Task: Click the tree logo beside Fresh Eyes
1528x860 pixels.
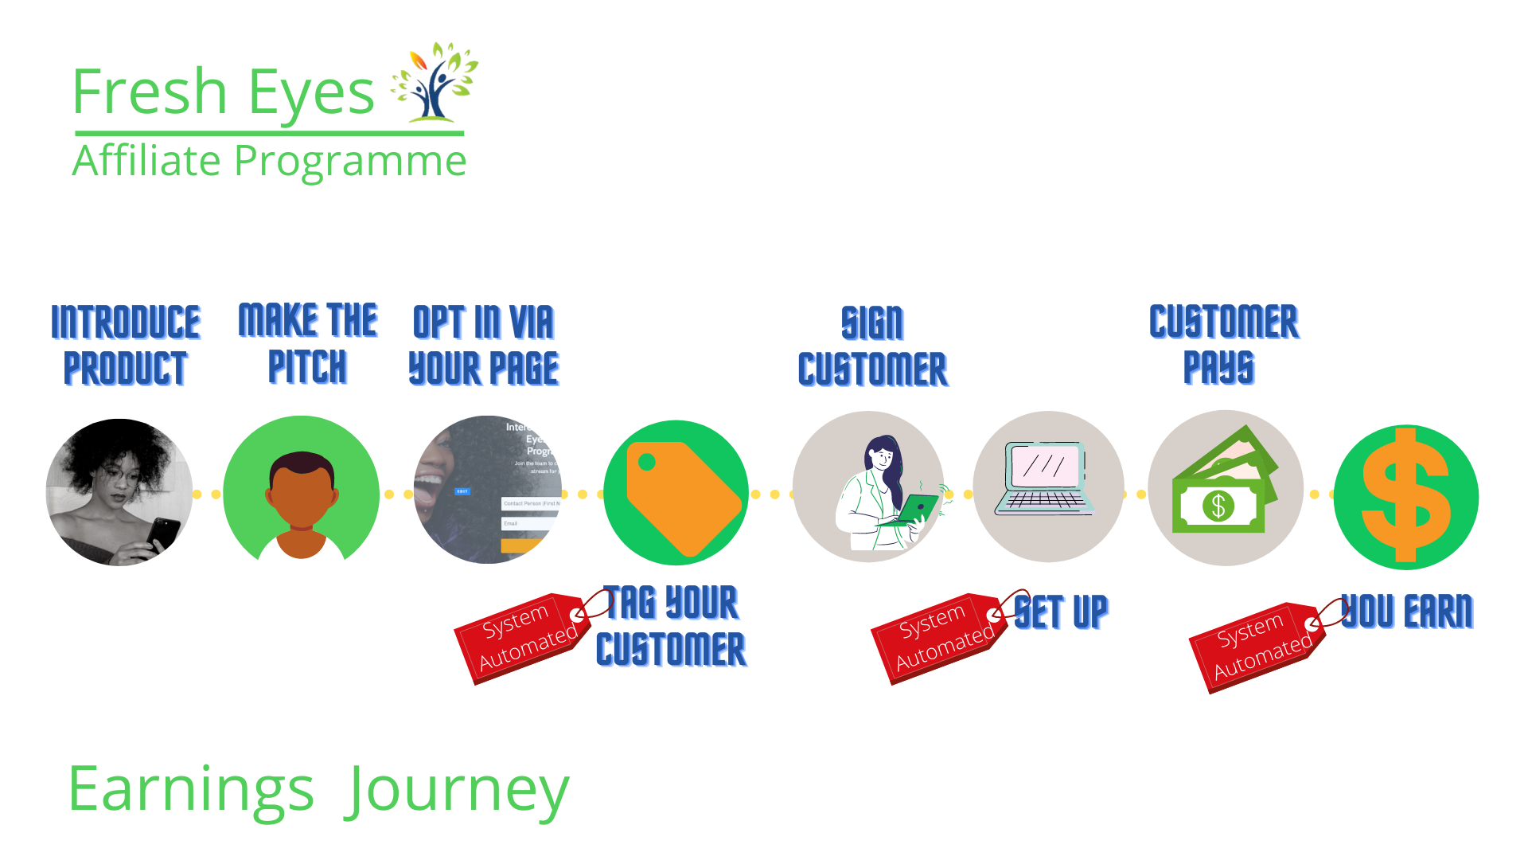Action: tap(435, 83)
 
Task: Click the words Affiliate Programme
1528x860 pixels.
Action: tap(269, 161)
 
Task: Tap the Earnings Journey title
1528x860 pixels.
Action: tap(318, 789)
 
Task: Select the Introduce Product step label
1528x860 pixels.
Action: tap(125, 345)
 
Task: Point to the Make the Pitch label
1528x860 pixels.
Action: tap(308, 343)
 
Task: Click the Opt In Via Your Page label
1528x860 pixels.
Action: tap(483, 345)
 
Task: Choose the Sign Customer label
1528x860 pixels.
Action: tap(872, 346)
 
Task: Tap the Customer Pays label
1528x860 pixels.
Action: tap(1222, 344)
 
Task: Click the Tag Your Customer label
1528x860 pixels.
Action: tap(671, 626)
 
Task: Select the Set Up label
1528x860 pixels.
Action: tap(1062, 612)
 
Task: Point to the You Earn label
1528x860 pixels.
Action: tap(1406, 612)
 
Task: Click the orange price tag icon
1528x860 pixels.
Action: tap(680, 496)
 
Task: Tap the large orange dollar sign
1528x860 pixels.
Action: tap(1406, 495)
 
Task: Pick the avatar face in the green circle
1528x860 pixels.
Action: tap(301, 492)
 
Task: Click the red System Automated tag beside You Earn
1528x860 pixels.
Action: tap(1257, 647)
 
